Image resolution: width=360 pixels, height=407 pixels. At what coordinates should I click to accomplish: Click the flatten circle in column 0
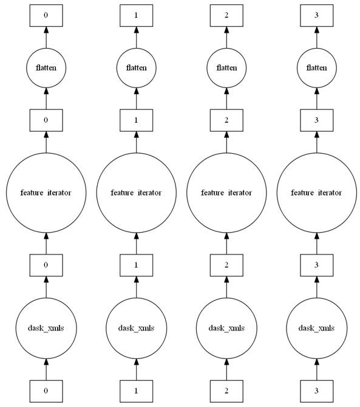pos(46,67)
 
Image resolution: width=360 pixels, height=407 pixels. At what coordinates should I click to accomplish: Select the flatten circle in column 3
pos(316,67)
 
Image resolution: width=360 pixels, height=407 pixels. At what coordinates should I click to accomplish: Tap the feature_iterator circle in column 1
pos(136,193)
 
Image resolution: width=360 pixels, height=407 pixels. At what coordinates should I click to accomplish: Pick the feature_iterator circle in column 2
pos(226,193)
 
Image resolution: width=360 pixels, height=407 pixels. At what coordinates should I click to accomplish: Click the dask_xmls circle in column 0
pos(46,328)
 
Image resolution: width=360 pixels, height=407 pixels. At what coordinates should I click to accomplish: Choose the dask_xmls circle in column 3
pos(316,328)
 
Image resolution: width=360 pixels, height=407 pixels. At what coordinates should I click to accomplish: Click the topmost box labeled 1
pos(136,14)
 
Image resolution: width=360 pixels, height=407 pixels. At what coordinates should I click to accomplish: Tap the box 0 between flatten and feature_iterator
pos(46,120)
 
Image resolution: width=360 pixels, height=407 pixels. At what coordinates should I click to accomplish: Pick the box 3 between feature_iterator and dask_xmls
pos(316,265)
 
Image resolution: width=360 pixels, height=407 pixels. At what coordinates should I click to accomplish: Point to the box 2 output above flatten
pos(226,14)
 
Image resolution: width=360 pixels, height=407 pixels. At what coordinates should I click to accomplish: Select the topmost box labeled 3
pos(316,14)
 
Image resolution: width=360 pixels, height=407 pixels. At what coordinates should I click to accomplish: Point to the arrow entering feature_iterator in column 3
pos(316,244)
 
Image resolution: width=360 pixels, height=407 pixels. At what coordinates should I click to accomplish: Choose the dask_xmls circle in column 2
pos(226,328)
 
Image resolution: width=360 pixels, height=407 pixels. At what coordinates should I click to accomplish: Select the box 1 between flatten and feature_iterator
pos(136,120)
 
